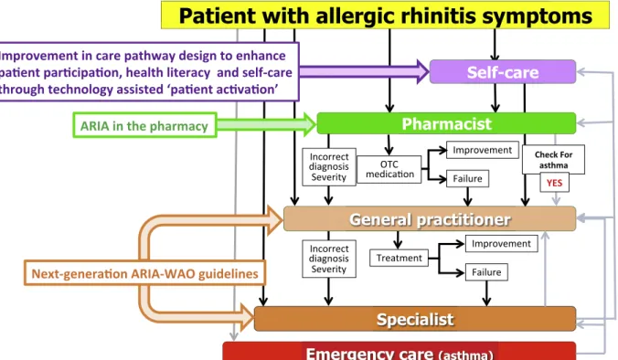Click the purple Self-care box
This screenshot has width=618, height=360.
tap(503, 71)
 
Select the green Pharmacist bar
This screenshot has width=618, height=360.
tap(446, 123)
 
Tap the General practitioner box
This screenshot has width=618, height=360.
tap(430, 218)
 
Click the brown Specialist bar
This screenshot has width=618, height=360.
tap(415, 319)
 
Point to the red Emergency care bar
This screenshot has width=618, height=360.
tap(400, 351)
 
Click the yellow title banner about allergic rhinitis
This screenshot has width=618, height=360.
tap(385, 15)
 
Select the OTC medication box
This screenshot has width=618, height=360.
tap(389, 169)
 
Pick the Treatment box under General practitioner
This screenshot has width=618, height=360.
tap(399, 258)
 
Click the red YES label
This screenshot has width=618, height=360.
tap(554, 183)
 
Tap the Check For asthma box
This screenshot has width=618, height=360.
tap(553, 160)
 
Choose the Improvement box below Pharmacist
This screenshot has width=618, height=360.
tap(483, 150)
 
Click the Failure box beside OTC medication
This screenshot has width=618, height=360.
tap(467, 178)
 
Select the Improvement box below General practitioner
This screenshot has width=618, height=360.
tap(501, 243)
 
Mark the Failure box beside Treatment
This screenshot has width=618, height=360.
tap(486, 272)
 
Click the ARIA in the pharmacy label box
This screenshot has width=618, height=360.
tap(144, 126)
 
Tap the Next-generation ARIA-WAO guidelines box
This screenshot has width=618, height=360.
tap(144, 273)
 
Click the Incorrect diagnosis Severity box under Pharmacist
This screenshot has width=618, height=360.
tap(329, 167)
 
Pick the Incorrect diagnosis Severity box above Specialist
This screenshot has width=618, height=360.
tap(329, 259)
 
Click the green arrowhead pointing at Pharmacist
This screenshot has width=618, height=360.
tap(310, 124)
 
